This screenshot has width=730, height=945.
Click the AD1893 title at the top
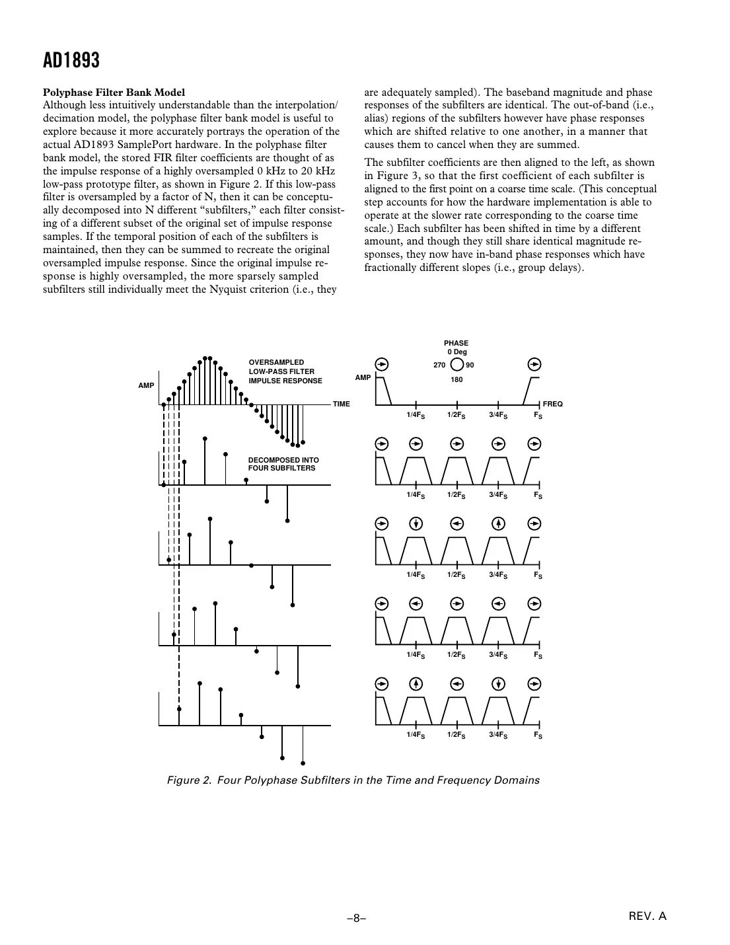tap(71, 61)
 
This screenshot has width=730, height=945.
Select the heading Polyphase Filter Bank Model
tap(114, 92)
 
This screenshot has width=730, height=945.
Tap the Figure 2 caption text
tap(353, 780)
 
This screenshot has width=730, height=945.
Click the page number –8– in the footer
tap(357, 918)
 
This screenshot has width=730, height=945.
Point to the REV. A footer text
tap(647, 916)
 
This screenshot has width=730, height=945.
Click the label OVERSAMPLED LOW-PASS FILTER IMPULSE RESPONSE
tap(285, 371)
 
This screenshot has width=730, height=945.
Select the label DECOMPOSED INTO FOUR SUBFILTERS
tap(283, 464)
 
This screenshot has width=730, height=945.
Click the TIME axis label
tap(342, 404)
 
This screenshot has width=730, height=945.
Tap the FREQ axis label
tap(552, 404)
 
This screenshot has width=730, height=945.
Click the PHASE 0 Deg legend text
tap(456, 348)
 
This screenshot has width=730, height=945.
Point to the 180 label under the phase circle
tap(456, 380)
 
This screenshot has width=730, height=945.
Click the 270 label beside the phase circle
tap(439, 365)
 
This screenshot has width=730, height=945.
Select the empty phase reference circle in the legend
tap(456, 365)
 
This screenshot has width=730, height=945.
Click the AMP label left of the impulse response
tap(146, 385)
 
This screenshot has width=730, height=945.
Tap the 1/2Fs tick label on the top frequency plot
tap(456, 415)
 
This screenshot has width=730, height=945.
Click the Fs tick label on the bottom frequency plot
tap(538, 735)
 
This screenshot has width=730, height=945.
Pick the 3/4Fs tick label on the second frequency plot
tap(498, 494)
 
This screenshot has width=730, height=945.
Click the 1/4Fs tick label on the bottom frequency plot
tap(416, 735)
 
